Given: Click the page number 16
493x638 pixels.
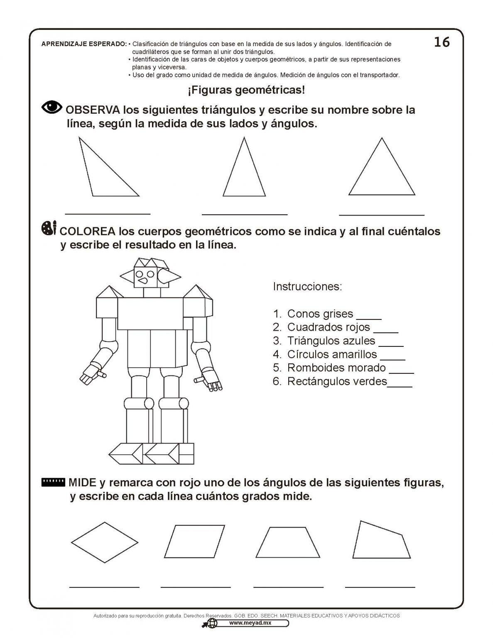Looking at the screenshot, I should [x=441, y=42].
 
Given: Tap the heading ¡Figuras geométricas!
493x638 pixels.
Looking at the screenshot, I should [x=246, y=90].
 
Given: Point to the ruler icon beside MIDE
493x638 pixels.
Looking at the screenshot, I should [x=54, y=482].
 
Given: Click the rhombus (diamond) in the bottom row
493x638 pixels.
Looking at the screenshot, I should [x=105, y=542].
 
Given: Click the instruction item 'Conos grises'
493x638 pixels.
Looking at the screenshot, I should [x=320, y=314].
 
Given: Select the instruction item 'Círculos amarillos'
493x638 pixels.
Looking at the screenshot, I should [x=332, y=354].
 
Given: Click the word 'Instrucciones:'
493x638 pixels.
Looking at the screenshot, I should [x=307, y=287].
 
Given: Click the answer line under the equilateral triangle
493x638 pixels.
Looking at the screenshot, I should [x=382, y=214].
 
